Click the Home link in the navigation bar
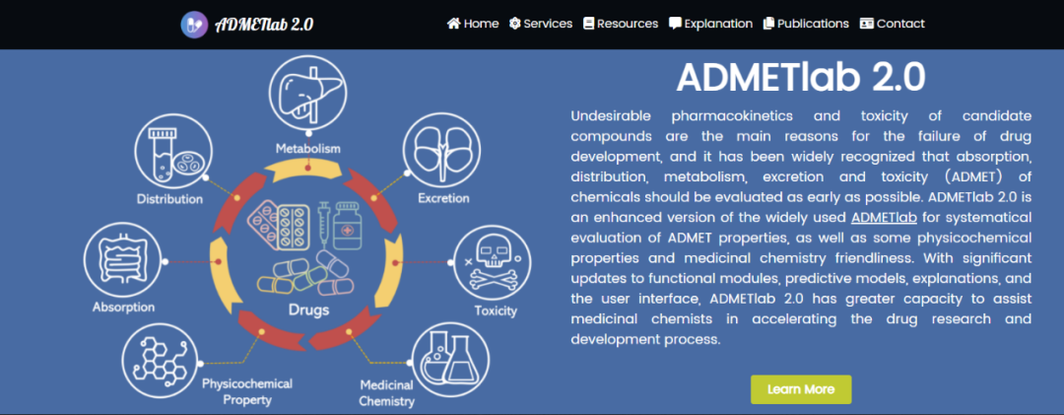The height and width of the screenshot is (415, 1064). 473,24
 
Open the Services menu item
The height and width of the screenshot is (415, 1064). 541,24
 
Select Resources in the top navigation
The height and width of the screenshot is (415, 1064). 621,24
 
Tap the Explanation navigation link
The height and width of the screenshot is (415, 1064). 710,24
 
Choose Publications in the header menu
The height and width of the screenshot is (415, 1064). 806,24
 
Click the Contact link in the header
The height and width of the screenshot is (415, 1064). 892,24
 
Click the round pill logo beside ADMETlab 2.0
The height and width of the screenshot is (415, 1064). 194,25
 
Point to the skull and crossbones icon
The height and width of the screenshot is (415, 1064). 492,263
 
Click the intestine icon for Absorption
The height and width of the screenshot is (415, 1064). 123,261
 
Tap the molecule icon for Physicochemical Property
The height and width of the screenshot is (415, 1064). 162,360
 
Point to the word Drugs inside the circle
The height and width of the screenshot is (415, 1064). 308,311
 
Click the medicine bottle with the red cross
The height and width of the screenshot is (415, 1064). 348,226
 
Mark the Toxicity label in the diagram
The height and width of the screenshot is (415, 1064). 496,311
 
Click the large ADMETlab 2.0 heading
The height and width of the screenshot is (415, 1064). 801,78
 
